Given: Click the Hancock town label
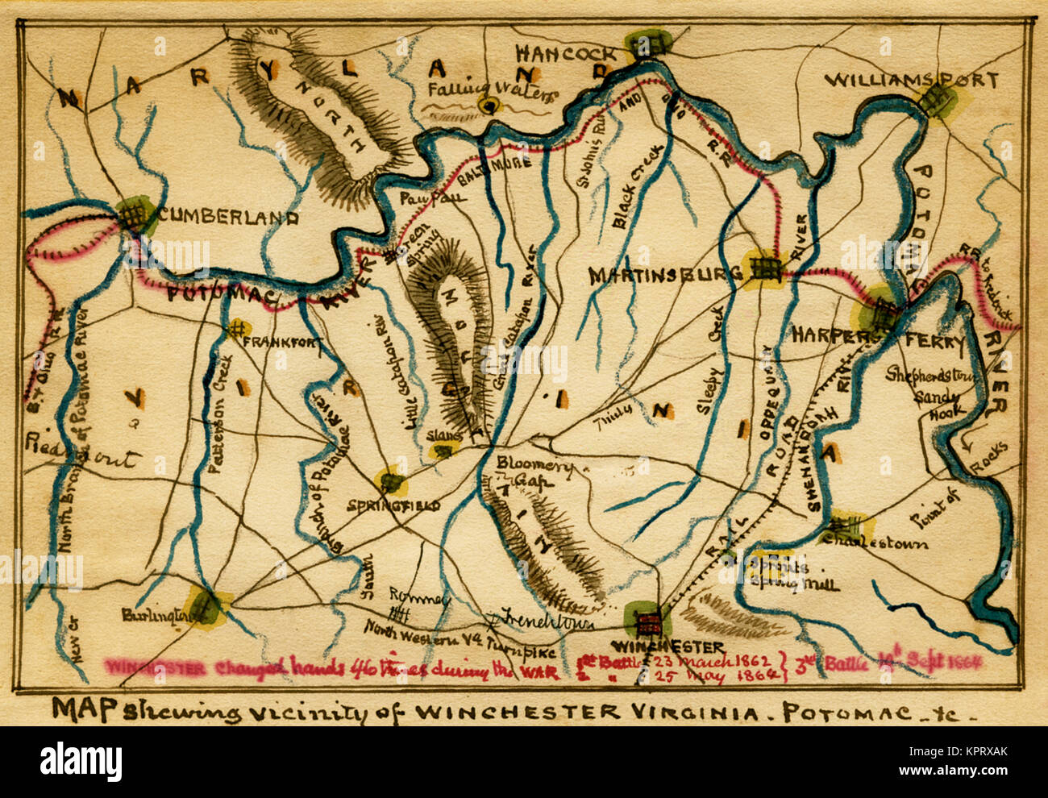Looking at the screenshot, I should [566, 53].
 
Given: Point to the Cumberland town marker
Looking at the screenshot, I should [135, 214].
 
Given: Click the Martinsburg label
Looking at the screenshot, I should [666, 276].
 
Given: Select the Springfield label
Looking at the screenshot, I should [393, 505].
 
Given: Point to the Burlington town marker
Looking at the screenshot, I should [204, 605].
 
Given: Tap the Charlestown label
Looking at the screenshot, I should [884, 542].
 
